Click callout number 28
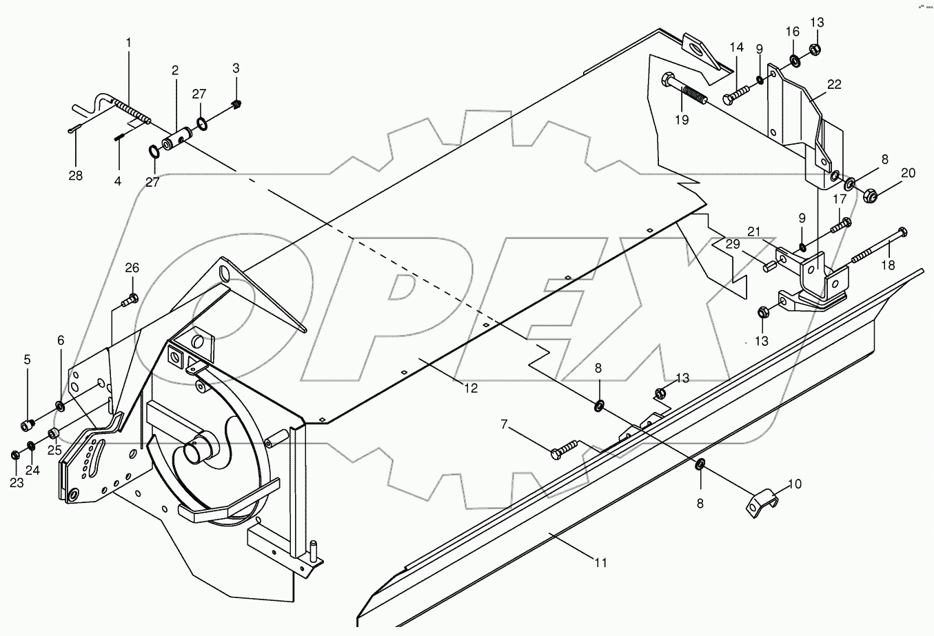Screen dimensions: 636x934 75,176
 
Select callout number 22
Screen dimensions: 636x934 834,84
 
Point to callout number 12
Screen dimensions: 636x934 470,388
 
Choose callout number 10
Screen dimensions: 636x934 795,484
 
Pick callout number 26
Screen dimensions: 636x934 132,267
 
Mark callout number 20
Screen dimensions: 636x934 908,173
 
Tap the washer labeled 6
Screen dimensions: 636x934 60,406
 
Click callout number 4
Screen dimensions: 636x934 117,181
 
